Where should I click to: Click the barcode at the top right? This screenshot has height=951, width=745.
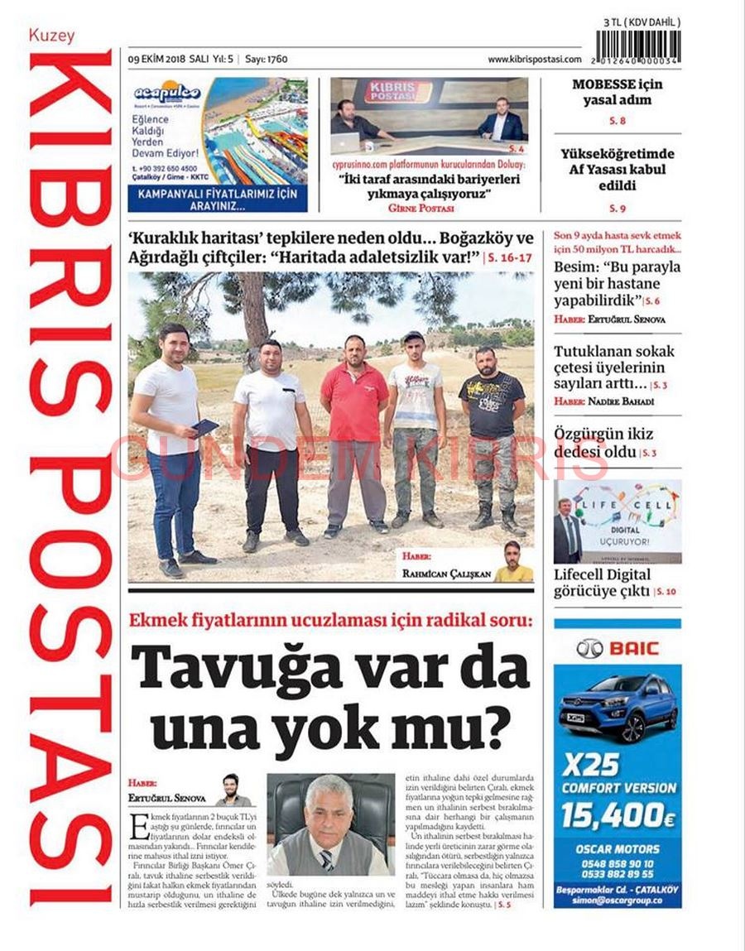638,48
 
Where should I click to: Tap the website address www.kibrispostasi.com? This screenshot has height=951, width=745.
534,60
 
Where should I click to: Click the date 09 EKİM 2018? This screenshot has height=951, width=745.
156,60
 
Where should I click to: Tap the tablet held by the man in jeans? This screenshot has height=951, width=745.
204,427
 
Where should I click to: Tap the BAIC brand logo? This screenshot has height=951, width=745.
617,648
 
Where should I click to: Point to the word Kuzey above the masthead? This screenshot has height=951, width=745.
51,36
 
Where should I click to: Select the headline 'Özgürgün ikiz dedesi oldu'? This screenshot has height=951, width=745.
603,444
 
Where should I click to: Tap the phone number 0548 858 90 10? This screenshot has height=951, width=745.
618,862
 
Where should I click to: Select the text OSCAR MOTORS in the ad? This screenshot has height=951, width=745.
618,848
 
